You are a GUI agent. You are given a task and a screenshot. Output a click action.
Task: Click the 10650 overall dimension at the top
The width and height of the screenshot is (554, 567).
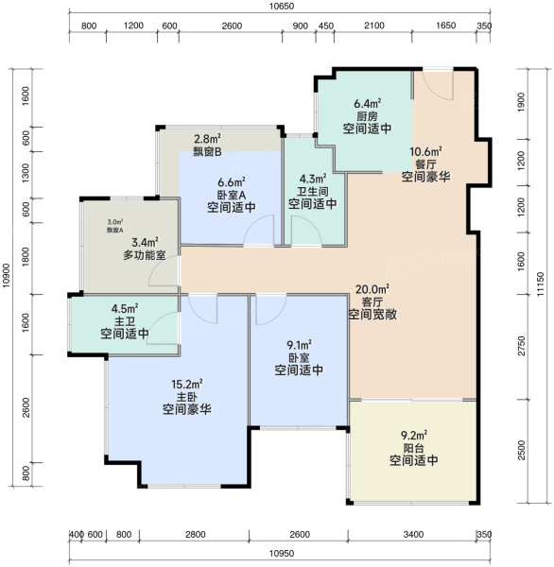pos(282,7)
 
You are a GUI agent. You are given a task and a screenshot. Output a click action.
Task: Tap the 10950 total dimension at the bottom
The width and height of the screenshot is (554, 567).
pos(282,553)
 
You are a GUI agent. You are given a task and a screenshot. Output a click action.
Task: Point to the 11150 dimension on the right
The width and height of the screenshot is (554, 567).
pos(540,284)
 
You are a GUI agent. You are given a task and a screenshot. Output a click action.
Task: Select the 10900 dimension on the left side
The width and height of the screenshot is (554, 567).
pos(7,276)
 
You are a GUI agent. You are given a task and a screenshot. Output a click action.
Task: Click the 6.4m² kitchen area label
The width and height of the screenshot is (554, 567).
pos(367,104)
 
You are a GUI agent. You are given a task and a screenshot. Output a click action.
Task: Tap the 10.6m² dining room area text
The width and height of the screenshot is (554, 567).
pos(425,151)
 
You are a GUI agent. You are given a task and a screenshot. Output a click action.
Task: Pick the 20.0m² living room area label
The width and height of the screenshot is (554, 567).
pos(372,289)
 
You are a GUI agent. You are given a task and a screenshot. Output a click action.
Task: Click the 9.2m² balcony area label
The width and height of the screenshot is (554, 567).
pos(413,435)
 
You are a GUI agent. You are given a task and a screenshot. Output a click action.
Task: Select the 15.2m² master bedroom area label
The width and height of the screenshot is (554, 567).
pos(187,384)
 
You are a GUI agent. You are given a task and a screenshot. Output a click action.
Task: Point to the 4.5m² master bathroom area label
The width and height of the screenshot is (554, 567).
pos(125,308)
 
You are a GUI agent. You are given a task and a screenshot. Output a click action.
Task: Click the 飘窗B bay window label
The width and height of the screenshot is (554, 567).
pos(207,152)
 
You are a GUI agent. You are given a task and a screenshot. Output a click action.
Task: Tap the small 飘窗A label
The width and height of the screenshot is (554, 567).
pos(115,230)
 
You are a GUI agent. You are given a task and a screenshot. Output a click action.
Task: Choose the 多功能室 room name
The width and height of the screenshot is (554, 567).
pos(145,255)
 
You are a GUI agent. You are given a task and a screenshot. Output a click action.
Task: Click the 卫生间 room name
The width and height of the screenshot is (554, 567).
pos(313,192)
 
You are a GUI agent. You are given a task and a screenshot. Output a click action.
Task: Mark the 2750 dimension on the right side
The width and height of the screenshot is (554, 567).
pos(522,346)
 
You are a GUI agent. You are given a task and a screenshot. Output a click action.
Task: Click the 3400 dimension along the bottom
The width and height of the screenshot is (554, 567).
pos(413,535)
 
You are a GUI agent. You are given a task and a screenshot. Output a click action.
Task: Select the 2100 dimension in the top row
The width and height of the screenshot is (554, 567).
pos(374,26)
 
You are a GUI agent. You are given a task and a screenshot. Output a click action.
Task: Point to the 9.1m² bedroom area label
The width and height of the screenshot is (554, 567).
pos(299,345)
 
